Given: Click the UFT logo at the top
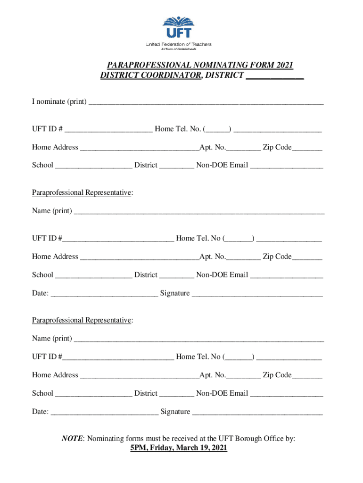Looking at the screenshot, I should coord(178,28).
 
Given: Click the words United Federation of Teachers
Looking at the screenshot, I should coord(179,44).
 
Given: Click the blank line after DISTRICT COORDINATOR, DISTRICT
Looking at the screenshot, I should coord(275,76).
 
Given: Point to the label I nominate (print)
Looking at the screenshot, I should coord(59,101).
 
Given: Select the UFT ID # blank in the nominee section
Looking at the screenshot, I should coord(109,130).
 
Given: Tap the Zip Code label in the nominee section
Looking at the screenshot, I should coord(277,147).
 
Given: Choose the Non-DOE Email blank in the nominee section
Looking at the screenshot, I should coord(286,166).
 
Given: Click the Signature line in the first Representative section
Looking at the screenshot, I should coord(257,294).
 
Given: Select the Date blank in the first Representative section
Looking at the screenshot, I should coord(104,294).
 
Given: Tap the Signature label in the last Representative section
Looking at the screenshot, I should coord(175,412).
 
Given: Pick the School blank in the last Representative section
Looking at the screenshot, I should coord(94,394).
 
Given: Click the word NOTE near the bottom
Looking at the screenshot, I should coord(72,439).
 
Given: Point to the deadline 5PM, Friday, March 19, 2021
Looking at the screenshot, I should coord(179,448).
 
